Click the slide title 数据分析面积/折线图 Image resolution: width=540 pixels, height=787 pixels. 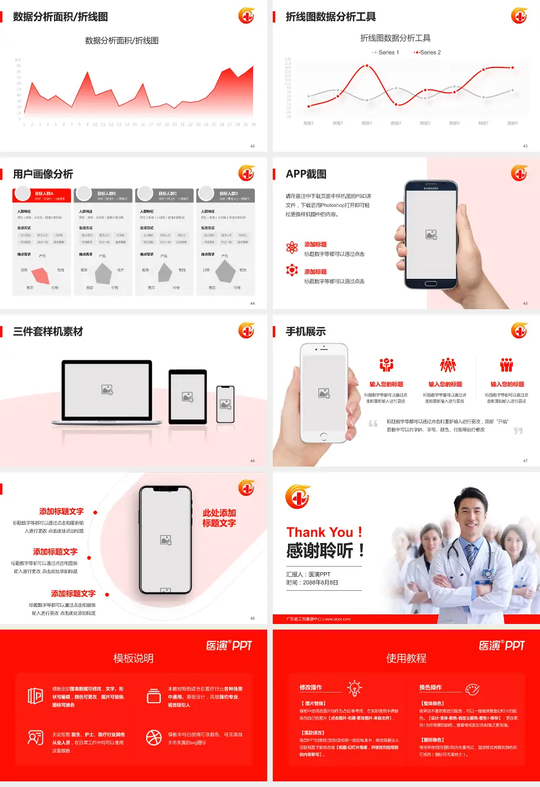60,17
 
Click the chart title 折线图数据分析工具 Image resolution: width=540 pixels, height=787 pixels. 395,38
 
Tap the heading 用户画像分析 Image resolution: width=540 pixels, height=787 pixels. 43,174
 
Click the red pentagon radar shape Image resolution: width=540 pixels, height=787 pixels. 41,275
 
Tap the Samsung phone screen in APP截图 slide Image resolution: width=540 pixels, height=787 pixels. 431,234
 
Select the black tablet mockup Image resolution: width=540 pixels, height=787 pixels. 188,396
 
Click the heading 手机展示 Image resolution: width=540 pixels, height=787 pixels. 305,332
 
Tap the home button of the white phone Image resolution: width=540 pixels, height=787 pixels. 323,436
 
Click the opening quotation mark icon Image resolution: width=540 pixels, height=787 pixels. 373,423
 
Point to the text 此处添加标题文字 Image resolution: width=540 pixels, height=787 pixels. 219,518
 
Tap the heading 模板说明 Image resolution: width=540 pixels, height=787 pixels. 133,658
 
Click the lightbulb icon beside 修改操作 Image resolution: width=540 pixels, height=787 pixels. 354,688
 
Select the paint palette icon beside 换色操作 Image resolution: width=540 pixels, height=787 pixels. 472,689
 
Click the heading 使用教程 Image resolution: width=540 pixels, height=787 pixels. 406,658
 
